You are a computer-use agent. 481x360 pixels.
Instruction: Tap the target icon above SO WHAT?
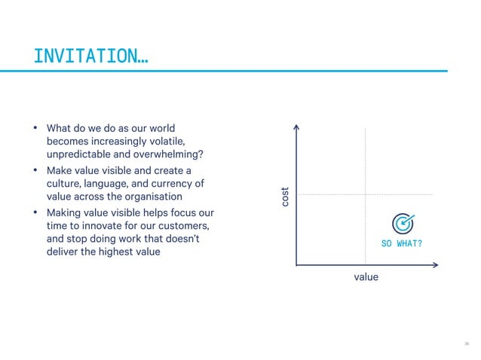pyautogui.click(x=403, y=224)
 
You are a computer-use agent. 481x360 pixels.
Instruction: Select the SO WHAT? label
pyautogui.click(x=403, y=244)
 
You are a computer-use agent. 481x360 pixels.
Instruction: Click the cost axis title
pyautogui.click(x=285, y=197)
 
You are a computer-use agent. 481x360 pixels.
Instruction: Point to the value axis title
pyautogui.click(x=366, y=277)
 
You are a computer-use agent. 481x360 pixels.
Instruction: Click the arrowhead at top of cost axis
pyautogui.click(x=297, y=127)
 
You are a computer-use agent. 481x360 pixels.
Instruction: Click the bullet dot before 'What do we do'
pyautogui.click(x=35, y=128)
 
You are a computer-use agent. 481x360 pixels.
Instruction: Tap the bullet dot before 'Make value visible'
pyautogui.click(x=35, y=170)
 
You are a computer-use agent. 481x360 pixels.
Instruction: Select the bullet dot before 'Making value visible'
pyautogui.click(x=35, y=213)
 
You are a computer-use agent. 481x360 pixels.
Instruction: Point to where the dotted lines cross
pyautogui.click(x=366, y=194)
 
